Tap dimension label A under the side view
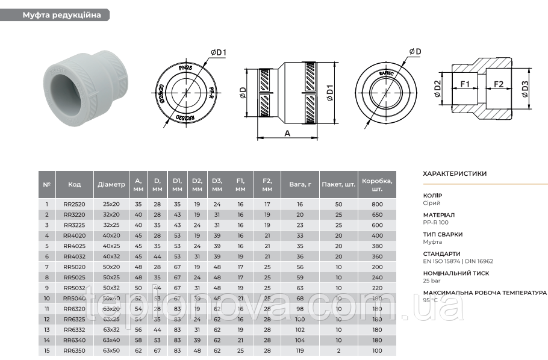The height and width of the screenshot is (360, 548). click(x=287, y=134)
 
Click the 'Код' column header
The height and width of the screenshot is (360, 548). click(x=74, y=184)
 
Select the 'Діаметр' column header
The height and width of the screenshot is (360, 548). click(x=111, y=184)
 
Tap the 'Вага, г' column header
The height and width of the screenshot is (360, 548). click(x=300, y=184)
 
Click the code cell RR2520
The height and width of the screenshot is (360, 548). click(x=74, y=205)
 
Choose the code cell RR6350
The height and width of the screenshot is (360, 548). click(x=74, y=350)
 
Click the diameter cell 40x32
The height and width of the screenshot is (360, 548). click(x=111, y=256)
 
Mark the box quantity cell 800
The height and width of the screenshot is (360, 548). click(x=378, y=205)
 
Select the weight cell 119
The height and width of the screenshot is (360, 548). click(x=300, y=350)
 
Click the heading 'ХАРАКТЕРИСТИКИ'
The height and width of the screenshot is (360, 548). click(x=455, y=173)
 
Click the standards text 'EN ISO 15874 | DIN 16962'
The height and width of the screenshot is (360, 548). click(x=458, y=261)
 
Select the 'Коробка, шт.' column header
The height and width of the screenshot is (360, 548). click(x=378, y=184)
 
